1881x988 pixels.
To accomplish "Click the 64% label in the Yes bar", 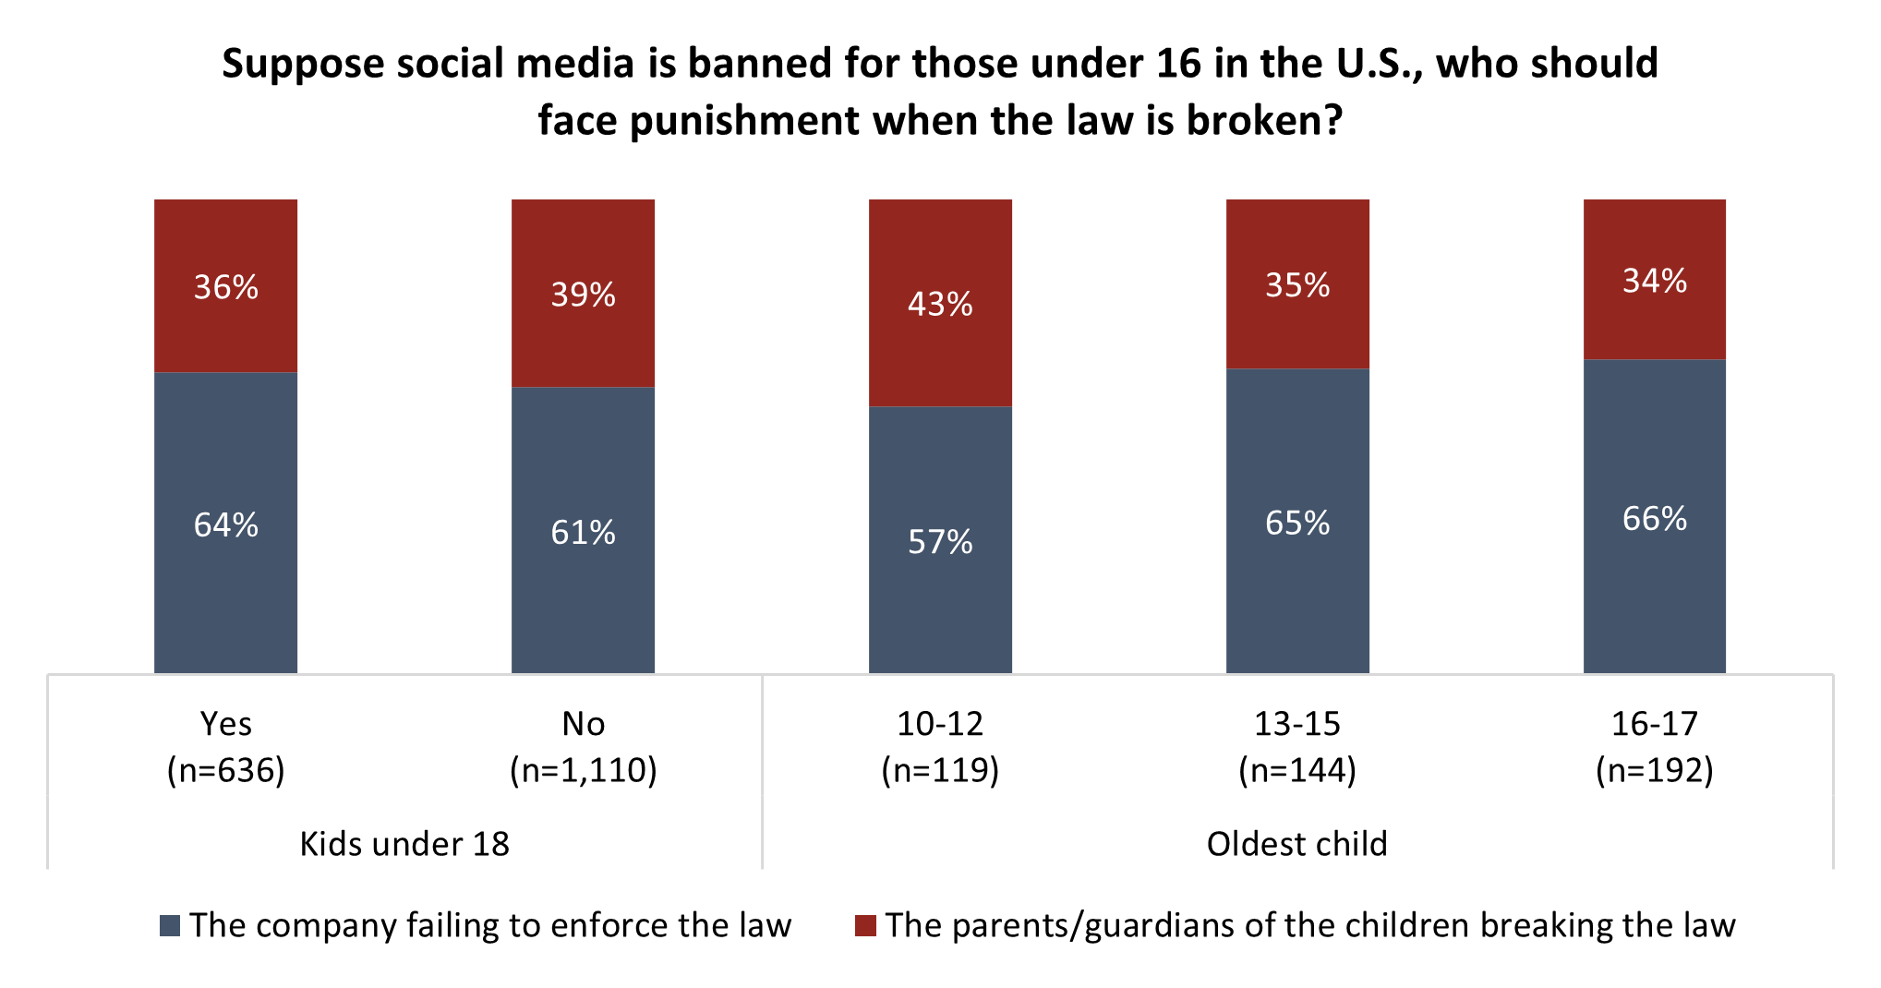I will click(x=225, y=524).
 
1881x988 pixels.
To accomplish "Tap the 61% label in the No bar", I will click(x=583, y=532).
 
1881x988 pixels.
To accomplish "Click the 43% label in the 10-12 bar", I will click(x=940, y=304).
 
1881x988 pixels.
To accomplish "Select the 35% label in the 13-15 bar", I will click(x=1297, y=285).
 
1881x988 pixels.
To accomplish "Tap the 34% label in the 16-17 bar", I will click(x=1655, y=281).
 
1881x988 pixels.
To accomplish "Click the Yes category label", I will click(x=225, y=724).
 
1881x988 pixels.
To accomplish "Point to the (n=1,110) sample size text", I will click(x=583, y=770).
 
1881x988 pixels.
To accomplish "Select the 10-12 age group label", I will click(x=940, y=724).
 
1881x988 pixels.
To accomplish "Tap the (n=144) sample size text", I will click(x=1297, y=770).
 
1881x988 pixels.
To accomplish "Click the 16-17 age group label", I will click(x=1655, y=724).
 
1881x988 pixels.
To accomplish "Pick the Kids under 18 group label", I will click(x=404, y=844).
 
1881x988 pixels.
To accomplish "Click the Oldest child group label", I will click(x=1297, y=844).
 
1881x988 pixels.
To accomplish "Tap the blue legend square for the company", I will click(x=170, y=926).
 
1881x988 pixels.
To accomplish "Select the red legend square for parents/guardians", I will click(x=865, y=926).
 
